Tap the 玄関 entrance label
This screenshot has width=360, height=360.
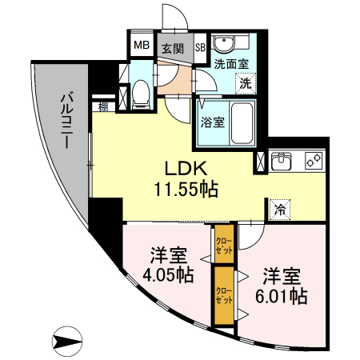coord(172,47)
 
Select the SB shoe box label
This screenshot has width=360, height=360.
coord(200,47)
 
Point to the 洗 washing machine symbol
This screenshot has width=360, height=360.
coord(246,81)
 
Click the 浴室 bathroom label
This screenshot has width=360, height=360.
coord(212,123)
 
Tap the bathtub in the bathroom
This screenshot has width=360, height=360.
coord(240,122)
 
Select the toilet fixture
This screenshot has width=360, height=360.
coord(141,94)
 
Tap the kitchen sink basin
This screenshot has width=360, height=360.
coord(282,162)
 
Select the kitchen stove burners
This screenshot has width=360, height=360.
coord(312,161)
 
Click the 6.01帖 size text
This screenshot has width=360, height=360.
coord(282,297)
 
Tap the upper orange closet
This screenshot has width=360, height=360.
coord(223,243)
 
